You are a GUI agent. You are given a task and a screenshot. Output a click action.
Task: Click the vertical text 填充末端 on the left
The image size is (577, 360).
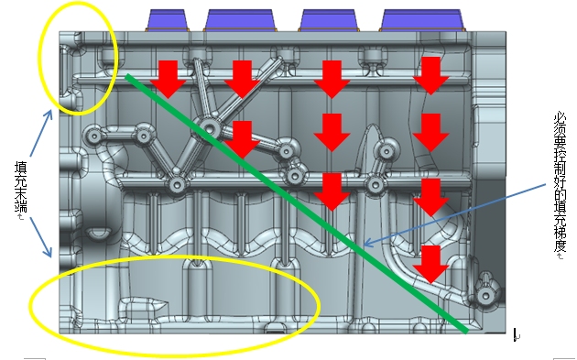[20, 187]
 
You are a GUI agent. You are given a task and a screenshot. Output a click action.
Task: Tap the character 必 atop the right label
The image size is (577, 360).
[561, 120]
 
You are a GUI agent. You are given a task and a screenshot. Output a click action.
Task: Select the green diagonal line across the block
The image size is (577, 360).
[297, 203]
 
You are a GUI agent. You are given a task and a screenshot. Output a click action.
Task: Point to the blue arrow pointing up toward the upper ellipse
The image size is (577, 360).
[40, 133]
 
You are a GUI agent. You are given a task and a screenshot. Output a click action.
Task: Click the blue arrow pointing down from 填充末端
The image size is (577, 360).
[41, 237]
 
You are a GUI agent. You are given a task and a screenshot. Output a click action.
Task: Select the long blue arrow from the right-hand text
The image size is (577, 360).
[454, 213]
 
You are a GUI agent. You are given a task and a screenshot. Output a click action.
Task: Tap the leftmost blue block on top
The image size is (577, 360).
[167, 20]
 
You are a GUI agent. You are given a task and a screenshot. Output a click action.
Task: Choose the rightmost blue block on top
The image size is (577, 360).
[422, 20]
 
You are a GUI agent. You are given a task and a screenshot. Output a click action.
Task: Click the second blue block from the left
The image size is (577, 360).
[240, 20]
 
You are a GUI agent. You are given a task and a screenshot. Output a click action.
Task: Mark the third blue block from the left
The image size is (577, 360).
[329, 20]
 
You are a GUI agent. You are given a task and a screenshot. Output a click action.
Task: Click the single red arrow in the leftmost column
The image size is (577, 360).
[169, 80]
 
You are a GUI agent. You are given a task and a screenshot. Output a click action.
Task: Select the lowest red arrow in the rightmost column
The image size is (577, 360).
[430, 265]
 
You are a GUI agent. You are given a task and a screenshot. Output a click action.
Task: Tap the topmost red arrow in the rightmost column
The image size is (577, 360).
[430, 76]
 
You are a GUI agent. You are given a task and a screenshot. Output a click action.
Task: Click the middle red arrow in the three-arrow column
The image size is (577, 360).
[332, 133]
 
